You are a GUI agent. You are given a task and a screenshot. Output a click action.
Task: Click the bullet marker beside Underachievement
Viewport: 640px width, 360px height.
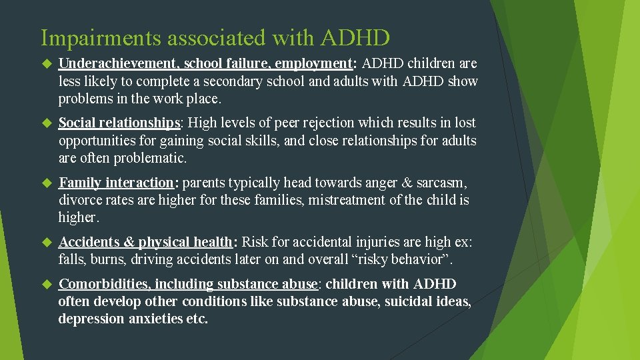coord(47,64)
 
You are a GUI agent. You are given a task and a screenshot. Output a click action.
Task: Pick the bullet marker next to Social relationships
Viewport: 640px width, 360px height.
coord(47,123)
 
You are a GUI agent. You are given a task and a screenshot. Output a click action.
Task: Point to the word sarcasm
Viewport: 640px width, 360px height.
coord(442,183)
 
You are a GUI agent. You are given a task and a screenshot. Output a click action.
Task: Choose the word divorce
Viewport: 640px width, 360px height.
coord(80,200)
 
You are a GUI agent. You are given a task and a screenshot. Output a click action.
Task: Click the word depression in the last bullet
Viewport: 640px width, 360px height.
coord(89,319)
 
